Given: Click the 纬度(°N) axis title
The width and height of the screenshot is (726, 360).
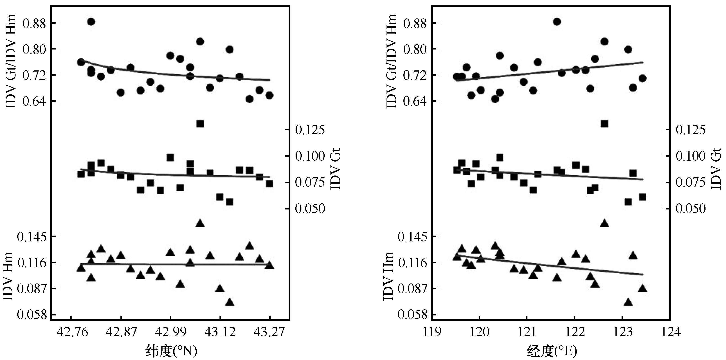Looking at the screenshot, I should pos(171,351).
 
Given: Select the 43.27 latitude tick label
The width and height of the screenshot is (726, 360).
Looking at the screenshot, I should pos(269,333).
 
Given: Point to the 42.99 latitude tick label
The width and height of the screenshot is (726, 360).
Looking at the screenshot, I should pos(170,333).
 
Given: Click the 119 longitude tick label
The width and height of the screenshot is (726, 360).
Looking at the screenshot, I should pos(432,333).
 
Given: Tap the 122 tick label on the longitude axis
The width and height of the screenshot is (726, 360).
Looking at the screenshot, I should pos(574,333).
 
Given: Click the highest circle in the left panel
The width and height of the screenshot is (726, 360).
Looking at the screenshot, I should pos(91,22).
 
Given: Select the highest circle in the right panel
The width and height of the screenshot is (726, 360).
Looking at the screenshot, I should pos(557,22).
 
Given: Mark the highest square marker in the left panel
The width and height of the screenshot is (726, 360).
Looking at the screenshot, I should pos(200,124).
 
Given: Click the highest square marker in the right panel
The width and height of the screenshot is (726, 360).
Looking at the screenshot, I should pos(604,124).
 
